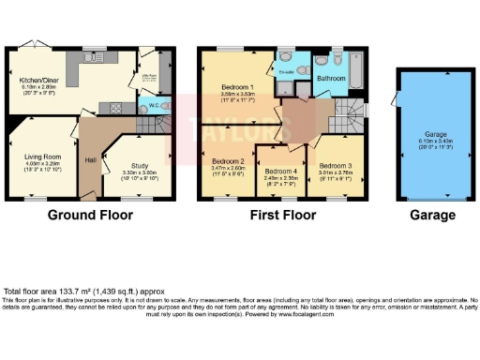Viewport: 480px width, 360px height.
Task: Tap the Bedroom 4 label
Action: click(x=280, y=171)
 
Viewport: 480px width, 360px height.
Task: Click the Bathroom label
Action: click(x=329, y=79)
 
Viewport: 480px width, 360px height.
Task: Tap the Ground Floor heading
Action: click(x=90, y=215)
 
